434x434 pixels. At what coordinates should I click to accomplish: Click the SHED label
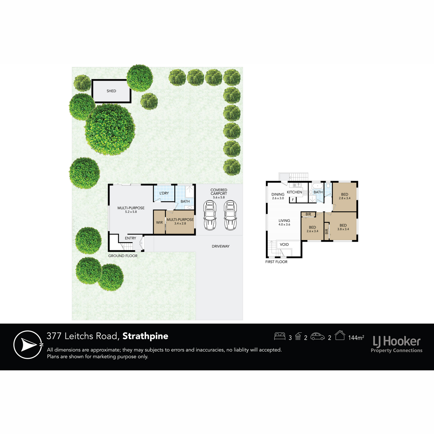pyautogui.click(x=111, y=91)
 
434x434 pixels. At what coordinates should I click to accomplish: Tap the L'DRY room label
pyautogui.click(x=164, y=193)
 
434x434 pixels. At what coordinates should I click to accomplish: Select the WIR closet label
pyautogui.click(x=159, y=222)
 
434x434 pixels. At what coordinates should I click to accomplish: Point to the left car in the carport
pyautogui.click(x=210, y=215)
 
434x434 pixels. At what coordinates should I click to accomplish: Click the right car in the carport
pyautogui.click(x=230, y=215)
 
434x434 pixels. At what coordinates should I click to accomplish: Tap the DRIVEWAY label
pyautogui.click(x=221, y=246)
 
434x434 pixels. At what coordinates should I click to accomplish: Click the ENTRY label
pyautogui.click(x=131, y=238)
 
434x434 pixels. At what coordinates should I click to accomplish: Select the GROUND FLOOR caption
pyautogui.click(x=123, y=256)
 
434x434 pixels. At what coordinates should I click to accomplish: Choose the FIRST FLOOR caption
pyautogui.click(x=276, y=262)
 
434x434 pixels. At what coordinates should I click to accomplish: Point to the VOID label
pyautogui.click(x=284, y=244)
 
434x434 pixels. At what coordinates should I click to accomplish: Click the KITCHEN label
pyautogui.click(x=294, y=192)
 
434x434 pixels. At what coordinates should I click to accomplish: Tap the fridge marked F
pyautogui.click(x=293, y=200)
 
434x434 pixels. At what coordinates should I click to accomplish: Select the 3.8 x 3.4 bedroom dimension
pyautogui.click(x=343, y=229)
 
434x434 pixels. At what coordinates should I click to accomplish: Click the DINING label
pyautogui.click(x=278, y=194)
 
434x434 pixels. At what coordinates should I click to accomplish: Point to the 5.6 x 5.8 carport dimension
pyautogui.click(x=219, y=197)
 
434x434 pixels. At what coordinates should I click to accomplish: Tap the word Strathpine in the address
pyautogui.click(x=145, y=336)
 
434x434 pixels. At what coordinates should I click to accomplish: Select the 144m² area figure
pyautogui.click(x=356, y=337)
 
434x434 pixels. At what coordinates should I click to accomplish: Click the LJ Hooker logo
pyautogui.click(x=397, y=344)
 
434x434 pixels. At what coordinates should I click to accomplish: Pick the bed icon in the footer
pyautogui.click(x=280, y=336)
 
